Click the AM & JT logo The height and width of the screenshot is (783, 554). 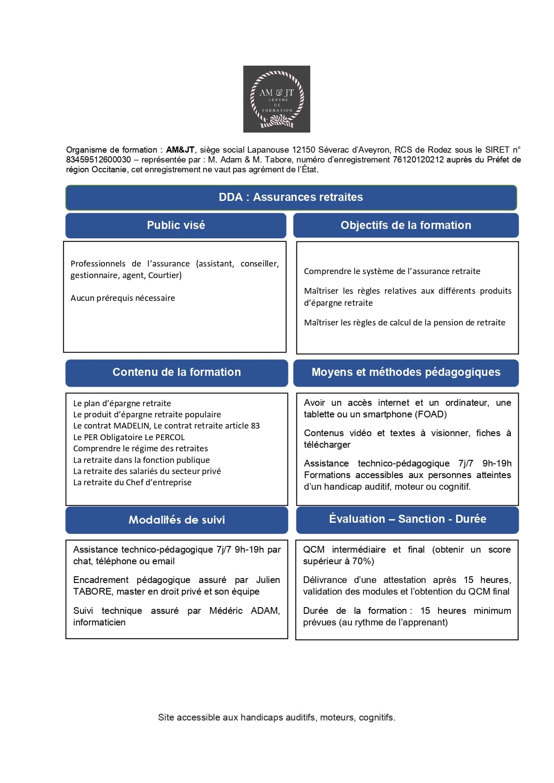(x=276, y=99)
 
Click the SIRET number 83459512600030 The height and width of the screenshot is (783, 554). (x=99, y=160)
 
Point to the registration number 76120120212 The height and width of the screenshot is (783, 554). (x=418, y=160)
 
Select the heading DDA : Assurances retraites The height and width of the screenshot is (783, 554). (x=291, y=197)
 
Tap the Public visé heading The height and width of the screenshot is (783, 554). (x=176, y=225)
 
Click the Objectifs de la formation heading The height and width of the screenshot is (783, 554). (x=405, y=225)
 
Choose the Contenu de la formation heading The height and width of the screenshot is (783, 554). (x=176, y=372)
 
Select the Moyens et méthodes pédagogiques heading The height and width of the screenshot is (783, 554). (x=405, y=372)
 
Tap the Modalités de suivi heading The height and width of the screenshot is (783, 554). (x=176, y=520)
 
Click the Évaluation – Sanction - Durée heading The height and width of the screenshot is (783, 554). (x=407, y=519)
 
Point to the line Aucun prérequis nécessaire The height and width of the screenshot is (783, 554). (x=123, y=298)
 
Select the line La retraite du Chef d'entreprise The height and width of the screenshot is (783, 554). (x=132, y=483)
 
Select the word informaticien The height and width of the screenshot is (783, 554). (x=99, y=623)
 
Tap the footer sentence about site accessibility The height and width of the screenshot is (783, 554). (x=276, y=718)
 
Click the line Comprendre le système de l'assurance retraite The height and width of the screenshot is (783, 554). (x=392, y=271)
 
